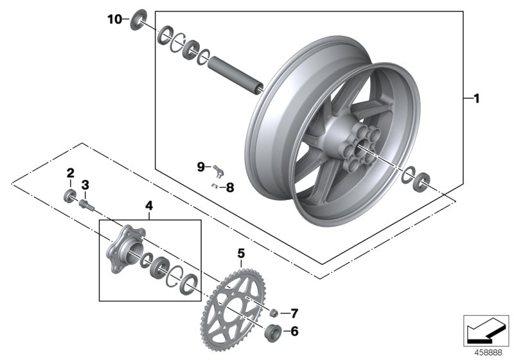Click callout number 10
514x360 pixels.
click(x=114, y=19)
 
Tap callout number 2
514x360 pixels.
click(x=70, y=172)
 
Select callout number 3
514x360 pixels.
click(x=85, y=185)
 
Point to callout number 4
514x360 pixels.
click(x=148, y=206)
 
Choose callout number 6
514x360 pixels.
click(x=294, y=332)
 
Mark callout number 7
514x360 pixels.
click(x=294, y=314)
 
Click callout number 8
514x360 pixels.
click(x=230, y=188)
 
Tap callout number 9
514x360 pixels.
click(x=200, y=167)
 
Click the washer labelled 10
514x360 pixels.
click(x=138, y=19)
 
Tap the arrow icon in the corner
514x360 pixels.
click(x=484, y=330)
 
